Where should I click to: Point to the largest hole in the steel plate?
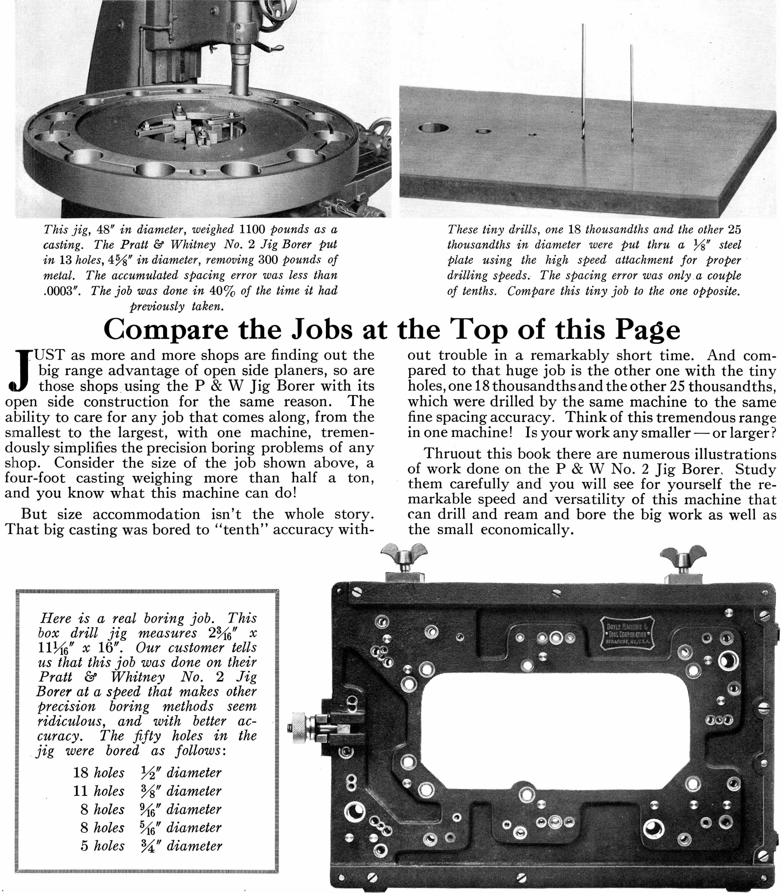(433, 128)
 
